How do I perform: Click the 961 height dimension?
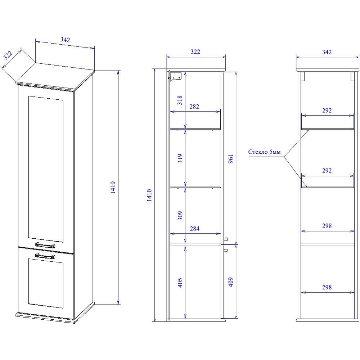coord(231,159)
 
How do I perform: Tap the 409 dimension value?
coord(231,282)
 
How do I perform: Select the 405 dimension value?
coord(180,283)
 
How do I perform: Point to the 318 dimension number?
coord(180,100)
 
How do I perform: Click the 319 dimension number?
coord(180,158)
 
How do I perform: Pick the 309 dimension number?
coord(180,216)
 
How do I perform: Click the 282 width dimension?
coord(194,107)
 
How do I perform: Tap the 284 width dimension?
coord(194,229)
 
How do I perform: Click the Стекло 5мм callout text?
coord(264,152)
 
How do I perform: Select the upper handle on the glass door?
coord(45,245)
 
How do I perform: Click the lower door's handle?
coord(45,256)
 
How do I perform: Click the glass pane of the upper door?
coord(45,169)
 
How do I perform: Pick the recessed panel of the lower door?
coord(45,283)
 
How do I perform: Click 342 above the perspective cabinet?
coord(65,40)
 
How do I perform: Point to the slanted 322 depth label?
coord(8,55)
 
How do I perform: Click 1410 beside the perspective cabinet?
coord(113,187)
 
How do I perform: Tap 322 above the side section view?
coord(195,51)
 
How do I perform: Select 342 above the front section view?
coord(327,52)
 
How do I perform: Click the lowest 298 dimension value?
coord(327,287)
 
